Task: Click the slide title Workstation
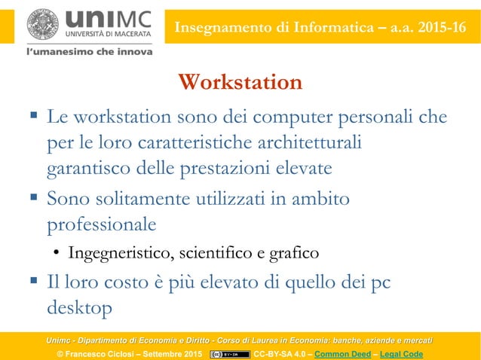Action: (x=240, y=82)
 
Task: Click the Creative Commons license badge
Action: (x=230, y=354)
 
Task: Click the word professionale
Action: (x=102, y=224)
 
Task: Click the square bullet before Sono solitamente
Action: (x=34, y=199)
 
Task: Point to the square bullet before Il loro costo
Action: (x=34, y=282)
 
